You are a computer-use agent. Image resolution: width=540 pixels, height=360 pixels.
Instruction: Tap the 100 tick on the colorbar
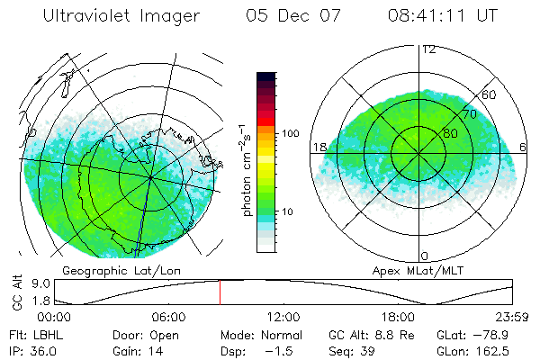[x=291, y=133]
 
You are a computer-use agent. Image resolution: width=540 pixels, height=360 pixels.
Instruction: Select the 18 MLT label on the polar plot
[x=319, y=147]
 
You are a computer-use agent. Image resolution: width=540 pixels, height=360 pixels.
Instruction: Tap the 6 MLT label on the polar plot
[x=524, y=147]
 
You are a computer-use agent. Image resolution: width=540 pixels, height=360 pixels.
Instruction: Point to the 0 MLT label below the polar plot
[x=425, y=256]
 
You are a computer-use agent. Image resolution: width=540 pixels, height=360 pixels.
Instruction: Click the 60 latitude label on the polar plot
[x=490, y=94]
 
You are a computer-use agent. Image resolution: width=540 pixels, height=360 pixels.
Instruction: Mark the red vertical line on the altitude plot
[x=220, y=292]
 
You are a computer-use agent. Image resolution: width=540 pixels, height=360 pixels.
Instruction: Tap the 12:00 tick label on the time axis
[x=283, y=318]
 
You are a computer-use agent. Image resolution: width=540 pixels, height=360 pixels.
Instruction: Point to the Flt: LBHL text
[x=35, y=334]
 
